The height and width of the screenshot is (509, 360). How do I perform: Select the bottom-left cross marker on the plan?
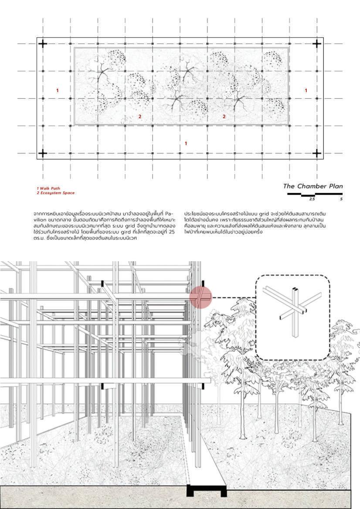pos(43,153)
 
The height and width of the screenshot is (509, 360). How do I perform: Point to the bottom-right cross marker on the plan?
pos(317,153)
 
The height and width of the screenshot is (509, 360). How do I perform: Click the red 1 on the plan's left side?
pos(57,91)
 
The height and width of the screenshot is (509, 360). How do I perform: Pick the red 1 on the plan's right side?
pos(306,91)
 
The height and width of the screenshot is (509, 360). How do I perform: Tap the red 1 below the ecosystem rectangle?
pos(186,143)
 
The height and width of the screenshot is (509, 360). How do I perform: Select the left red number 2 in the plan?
pos(140,116)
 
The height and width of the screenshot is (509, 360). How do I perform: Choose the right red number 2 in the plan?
pos(224,116)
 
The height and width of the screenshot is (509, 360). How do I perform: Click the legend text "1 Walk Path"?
pos(48,189)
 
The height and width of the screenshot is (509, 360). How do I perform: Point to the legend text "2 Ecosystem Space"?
pos(56,193)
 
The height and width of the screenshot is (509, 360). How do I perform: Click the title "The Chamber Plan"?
pos(313,186)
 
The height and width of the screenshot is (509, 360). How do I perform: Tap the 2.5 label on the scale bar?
pos(312,199)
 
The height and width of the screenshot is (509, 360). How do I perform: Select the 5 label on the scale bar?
pos(341,199)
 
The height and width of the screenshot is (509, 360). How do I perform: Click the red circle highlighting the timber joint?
pos(200,297)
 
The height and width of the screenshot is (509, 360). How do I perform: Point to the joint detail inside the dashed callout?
pos(293,309)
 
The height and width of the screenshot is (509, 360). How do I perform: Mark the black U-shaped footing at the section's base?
pos(207,491)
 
